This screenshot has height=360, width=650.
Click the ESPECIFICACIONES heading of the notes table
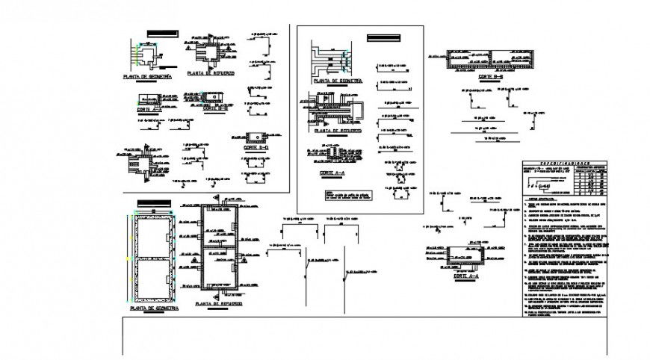(566, 161)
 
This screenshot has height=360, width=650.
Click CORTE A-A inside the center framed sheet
(331, 172)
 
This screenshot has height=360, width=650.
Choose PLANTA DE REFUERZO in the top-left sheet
(211, 73)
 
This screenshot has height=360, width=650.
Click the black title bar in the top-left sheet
(158, 34)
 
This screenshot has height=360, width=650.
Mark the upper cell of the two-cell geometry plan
(154, 235)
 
